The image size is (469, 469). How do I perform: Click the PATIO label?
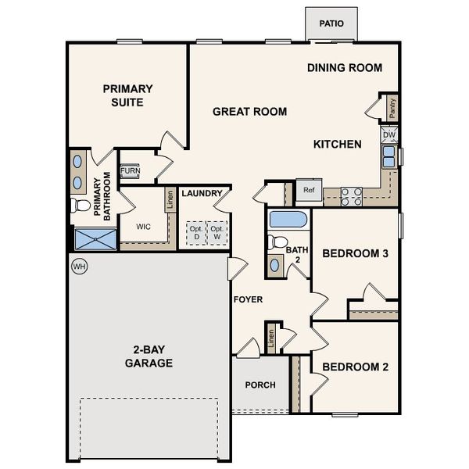coord(331,23)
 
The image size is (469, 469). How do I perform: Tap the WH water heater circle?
coord(78,267)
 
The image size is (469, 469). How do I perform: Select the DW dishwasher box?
coord(389,135)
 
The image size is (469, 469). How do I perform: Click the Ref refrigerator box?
coord(309,190)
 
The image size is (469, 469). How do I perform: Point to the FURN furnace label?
coord(130,170)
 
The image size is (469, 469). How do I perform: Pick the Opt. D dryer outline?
coord(195,233)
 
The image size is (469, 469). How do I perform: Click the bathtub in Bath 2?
coord(288,219)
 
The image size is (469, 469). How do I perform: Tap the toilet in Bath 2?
coord(276,242)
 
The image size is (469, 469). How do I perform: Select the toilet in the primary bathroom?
coord(81,206)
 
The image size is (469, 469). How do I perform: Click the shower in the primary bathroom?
coord(94,239)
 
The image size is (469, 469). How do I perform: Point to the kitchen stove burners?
coord(351,196)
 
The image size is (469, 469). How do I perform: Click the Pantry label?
coord(392,108)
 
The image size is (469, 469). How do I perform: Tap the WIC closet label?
coord(143,227)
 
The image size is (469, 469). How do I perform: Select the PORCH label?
coord(260,385)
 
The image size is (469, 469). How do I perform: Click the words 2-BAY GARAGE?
coord(149,356)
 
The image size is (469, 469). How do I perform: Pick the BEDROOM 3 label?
coord(356,253)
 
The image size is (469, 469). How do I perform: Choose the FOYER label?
coord(247,299)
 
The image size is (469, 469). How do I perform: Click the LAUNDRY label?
coord(202,193)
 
